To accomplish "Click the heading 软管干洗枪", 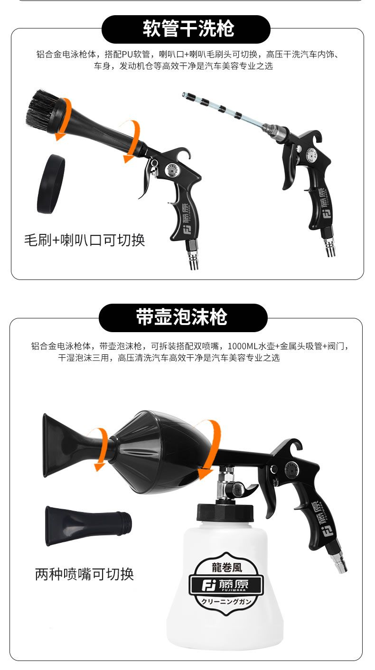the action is [x=188, y=29].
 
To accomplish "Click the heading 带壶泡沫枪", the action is [x=182, y=317].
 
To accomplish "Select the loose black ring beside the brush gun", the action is [x=51, y=184].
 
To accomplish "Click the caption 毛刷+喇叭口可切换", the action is [x=84, y=240].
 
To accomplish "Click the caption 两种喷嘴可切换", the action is [x=84, y=574].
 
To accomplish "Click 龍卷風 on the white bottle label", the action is [x=226, y=567].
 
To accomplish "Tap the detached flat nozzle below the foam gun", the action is [x=88, y=526].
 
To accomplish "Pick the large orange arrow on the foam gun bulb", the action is [x=208, y=449].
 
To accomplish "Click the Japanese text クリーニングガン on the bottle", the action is [x=226, y=602].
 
